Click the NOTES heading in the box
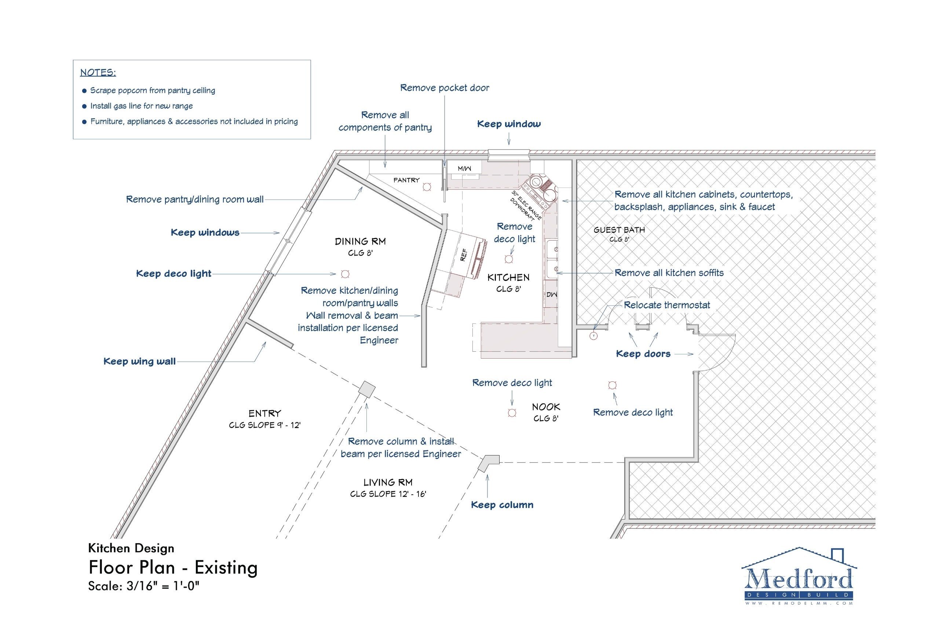pyautogui.click(x=98, y=73)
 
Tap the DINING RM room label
pyautogui.click(x=360, y=242)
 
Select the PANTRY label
pyautogui.click(x=406, y=180)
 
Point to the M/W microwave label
pyautogui.click(x=464, y=168)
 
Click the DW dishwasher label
pyautogui.click(x=552, y=294)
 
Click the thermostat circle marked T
pyautogui.click(x=594, y=336)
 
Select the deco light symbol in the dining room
pyautogui.click(x=345, y=274)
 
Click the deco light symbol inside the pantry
pyautogui.click(x=427, y=186)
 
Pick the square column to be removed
pyautogui.click(x=367, y=389)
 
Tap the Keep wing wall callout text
pyautogui.click(x=139, y=361)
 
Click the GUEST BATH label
pyautogui.click(x=619, y=230)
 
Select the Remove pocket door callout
pyautogui.click(x=444, y=88)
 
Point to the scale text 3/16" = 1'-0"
pyautogui.click(x=143, y=586)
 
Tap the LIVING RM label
pyautogui.click(x=388, y=482)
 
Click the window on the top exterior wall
pyautogui.click(x=509, y=154)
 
